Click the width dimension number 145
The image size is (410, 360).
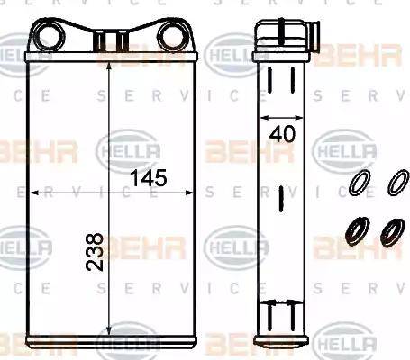point(148,178)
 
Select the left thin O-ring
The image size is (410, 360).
point(359,183)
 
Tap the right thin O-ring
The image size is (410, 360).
point(396,182)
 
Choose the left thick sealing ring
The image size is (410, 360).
point(358,231)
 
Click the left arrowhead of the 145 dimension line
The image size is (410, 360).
point(32,192)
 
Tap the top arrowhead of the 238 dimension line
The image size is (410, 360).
point(109,68)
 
